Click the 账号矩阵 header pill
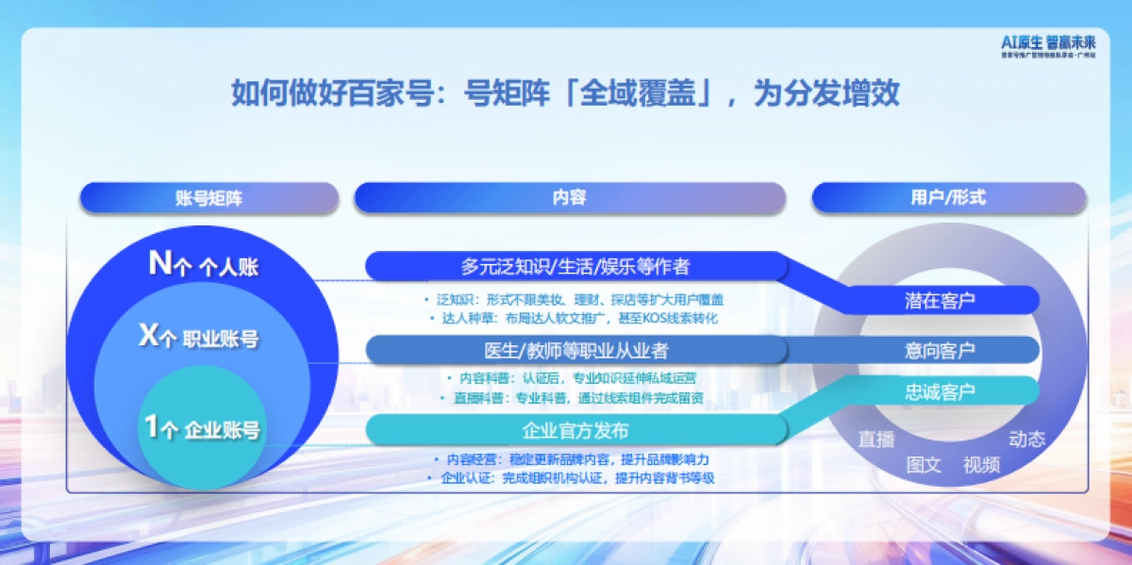pos(209,198)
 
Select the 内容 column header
pos(569,198)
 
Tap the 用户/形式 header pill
pos(948,198)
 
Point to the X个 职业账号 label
pos(199,338)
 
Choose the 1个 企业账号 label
pos(202,429)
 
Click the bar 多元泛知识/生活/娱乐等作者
pos(575,266)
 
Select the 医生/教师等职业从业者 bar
pos(575,350)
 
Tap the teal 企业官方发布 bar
pos(575,430)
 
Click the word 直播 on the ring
pos(875,439)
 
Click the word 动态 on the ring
pos(1027,439)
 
